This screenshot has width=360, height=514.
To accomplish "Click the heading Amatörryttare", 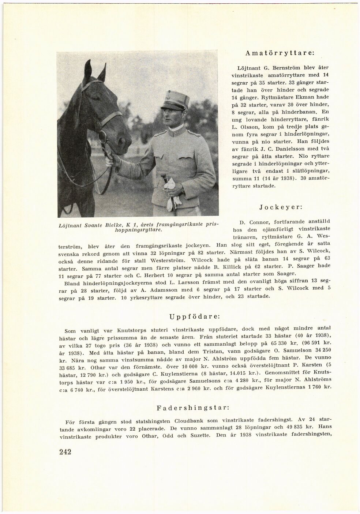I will click(x=280, y=53).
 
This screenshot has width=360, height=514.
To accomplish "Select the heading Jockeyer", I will click(x=281, y=207).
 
